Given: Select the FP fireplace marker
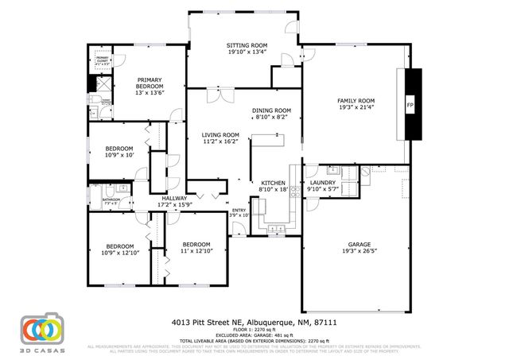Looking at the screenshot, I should click(x=410, y=105).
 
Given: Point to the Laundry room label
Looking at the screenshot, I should click(x=323, y=183).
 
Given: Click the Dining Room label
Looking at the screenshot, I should click(x=271, y=110).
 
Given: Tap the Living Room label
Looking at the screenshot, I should click(x=220, y=135).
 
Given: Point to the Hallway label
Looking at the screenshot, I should click(x=174, y=198).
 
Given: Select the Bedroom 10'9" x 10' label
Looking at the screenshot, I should click(x=120, y=148).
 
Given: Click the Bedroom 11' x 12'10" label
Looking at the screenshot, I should click(x=196, y=244).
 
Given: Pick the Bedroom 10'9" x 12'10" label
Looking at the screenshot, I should click(x=120, y=246).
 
